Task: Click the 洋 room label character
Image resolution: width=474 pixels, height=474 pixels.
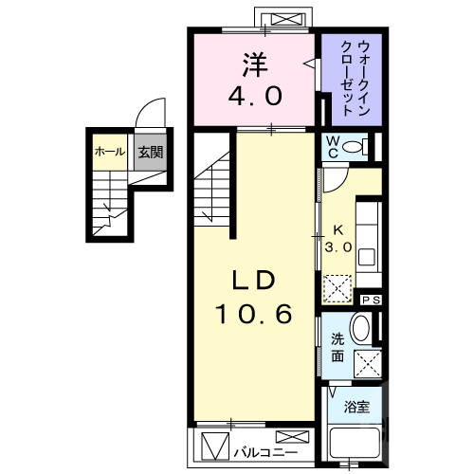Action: (x=253, y=64)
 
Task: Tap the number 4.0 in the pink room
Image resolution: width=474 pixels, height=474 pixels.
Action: (x=253, y=97)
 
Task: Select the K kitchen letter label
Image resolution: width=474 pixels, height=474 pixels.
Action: (x=338, y=229)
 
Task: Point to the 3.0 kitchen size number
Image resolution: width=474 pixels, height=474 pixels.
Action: (x=338, y=246)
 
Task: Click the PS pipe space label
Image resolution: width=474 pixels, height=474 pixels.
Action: (x=372, y=300)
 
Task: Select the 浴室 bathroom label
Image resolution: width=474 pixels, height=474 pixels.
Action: (x=356, y=408)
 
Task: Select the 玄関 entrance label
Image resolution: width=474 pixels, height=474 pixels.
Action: (x=146, y=152)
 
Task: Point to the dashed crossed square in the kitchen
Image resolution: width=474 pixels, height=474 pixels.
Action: (x=337, y=285)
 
